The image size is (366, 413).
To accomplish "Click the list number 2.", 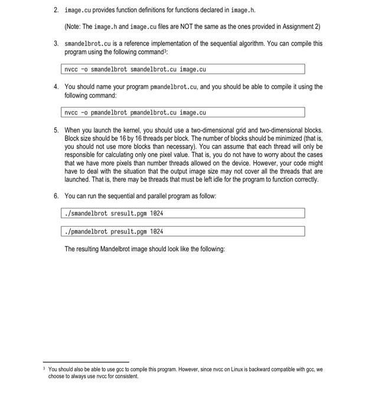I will tap(55, 11).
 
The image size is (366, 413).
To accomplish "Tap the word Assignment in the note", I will tap(296, 27).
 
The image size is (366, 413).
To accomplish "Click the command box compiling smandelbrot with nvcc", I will tap(183, 70).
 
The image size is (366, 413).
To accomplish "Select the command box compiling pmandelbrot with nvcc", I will tap(183, 113).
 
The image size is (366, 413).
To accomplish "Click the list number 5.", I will tap(55, 130).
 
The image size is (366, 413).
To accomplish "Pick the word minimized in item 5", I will tap(283, 138).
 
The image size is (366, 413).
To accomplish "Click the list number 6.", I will tap(55, 196).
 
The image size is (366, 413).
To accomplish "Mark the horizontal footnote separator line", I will tap(86, 362).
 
